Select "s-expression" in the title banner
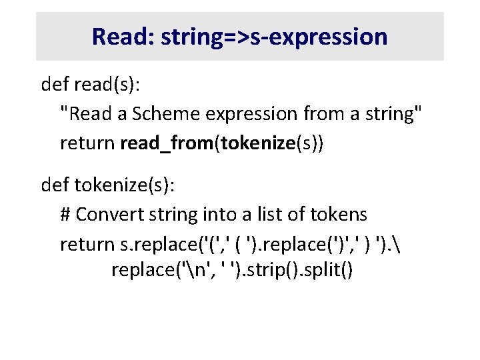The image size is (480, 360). click(x=331, y=37)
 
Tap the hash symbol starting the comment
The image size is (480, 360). click(x=65, y=215)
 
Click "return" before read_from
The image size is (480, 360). click(x=87, y=144)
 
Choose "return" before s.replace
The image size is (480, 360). click(x=87, y=245)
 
